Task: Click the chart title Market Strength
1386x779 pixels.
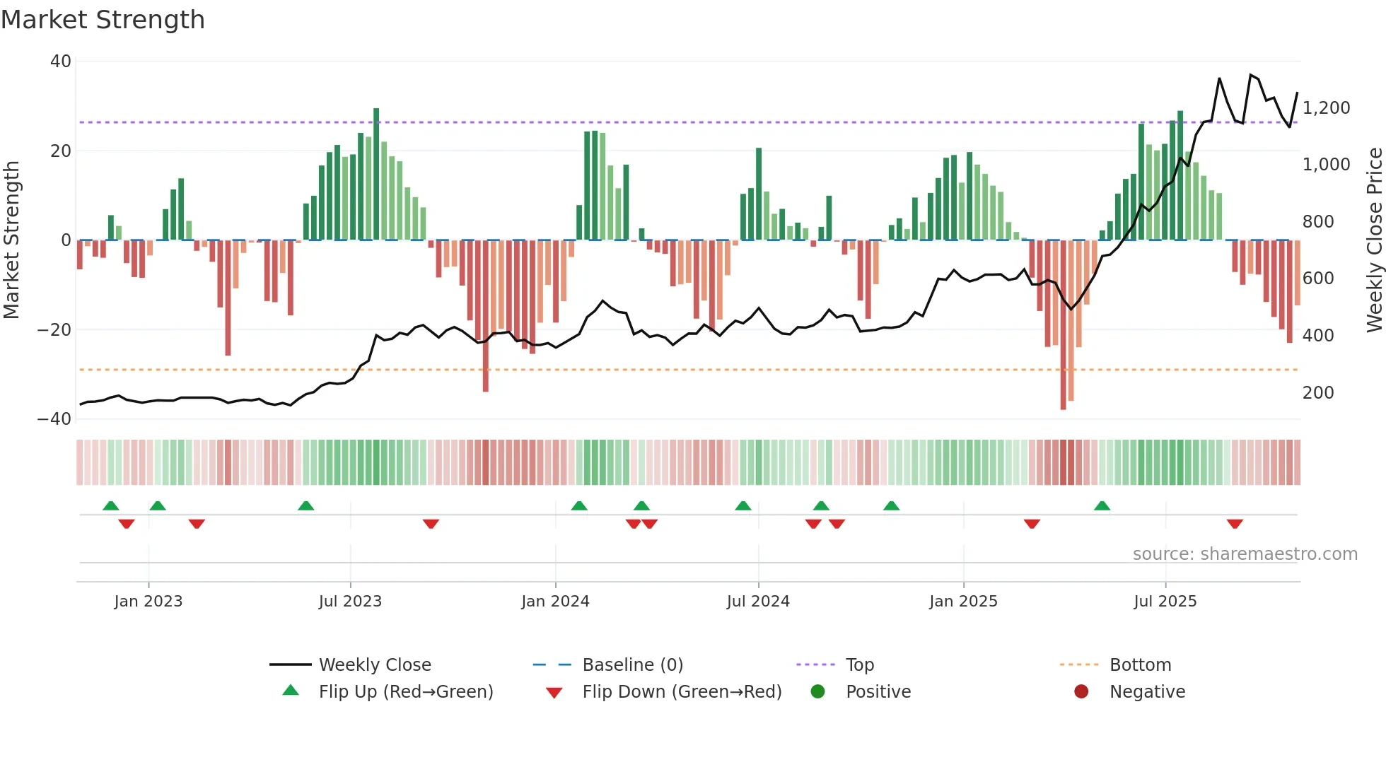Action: pyautogui.click(x=103, y=20)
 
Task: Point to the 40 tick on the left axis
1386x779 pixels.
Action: pyautogui.click(x=61, y=61)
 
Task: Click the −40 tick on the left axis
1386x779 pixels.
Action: pyautogui.click(x=54, y=419)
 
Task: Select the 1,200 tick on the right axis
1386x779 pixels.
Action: pyautogui.click(x=1326, y=108)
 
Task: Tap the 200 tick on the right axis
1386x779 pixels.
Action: pyautogui.click(x=1318, y=393)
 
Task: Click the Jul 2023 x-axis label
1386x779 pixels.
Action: pyautogui.click(x=350, y=602)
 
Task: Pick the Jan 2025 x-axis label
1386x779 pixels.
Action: pyautogui.click(x=963, y=602)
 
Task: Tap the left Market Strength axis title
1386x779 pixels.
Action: pyautogui.click(x=12, y=240)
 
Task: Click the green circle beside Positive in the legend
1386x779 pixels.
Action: pyautogui.click(x=818, y=692)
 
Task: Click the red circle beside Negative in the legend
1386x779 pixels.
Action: pyautogui.click(x=1081, y=692)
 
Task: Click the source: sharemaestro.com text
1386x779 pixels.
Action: pyautogui.click(x=1245, y=554)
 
